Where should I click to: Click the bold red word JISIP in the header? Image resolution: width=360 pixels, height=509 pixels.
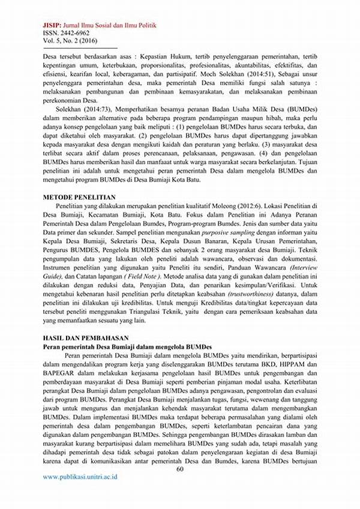pos(52,26)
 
